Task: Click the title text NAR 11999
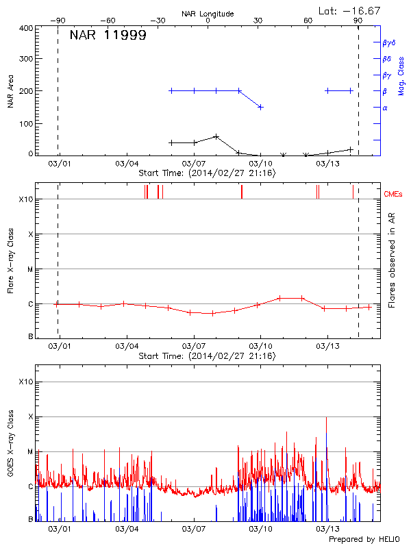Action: pyautogui.click(x=108, y=36)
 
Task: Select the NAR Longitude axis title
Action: pyautogui.click(x=208, y=14)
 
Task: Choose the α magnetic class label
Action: pyautogui.click(x=384, y=108)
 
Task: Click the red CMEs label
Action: pyautogui.click(x=393, y=195)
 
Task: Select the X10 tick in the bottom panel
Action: pyautogui.click(x=26, y=382)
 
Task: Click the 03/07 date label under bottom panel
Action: pyautogui.click(x=194, y=529)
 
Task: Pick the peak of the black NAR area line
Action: pyautogui.click(x=216, y=136)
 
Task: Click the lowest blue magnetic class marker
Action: pyautogui.click(x=260, y=107)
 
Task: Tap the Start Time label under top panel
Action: pyautogui.click(x=207, y=173)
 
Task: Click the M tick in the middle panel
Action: pyautogui.click(x=29, y=269)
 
